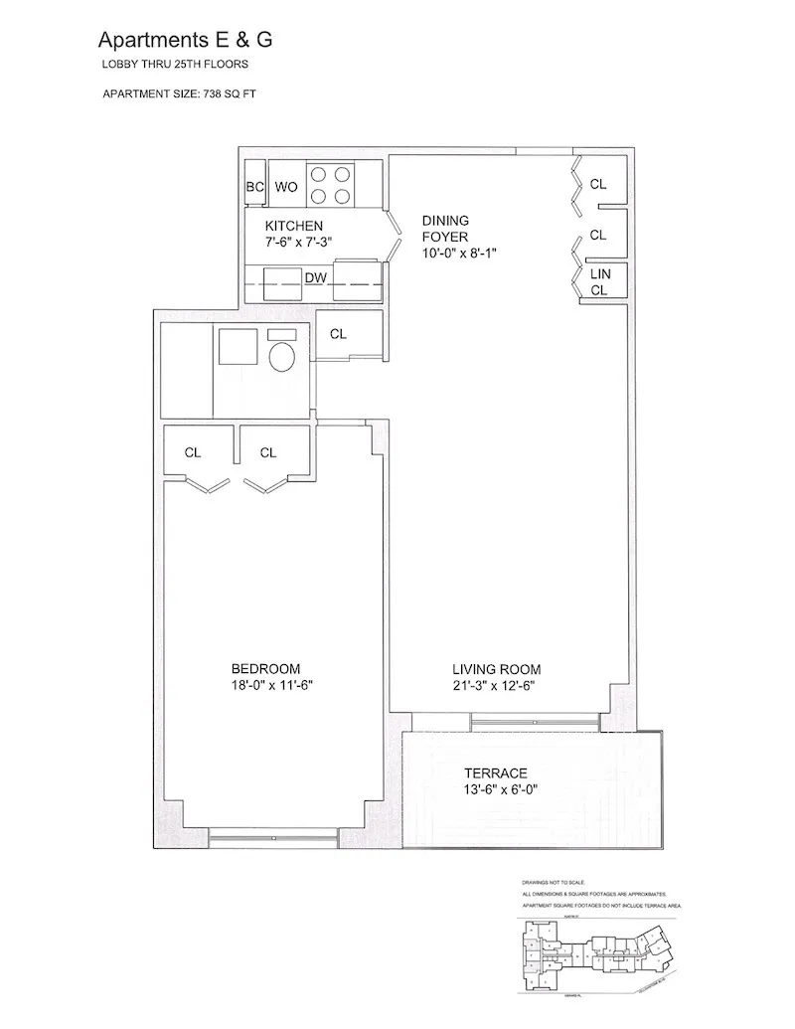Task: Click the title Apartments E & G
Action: [x=185, y=40]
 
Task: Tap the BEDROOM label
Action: [x=265, y=668]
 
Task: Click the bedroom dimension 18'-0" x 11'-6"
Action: [x=265, y=685]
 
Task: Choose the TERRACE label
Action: [x=496, y=772]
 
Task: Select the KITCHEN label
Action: [x=294, y=226]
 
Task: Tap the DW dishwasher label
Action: [x=316, y=280]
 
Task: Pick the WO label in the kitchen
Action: [x=286, y=186]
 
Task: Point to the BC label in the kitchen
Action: [x=253, y=186]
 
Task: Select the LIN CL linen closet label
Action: [x=599, y=280]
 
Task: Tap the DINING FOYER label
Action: [x=445, y=228]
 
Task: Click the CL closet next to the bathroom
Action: [x=338, y=334]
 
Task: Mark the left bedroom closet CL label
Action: [x=193, y=452]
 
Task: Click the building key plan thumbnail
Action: [x=596, y=954]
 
